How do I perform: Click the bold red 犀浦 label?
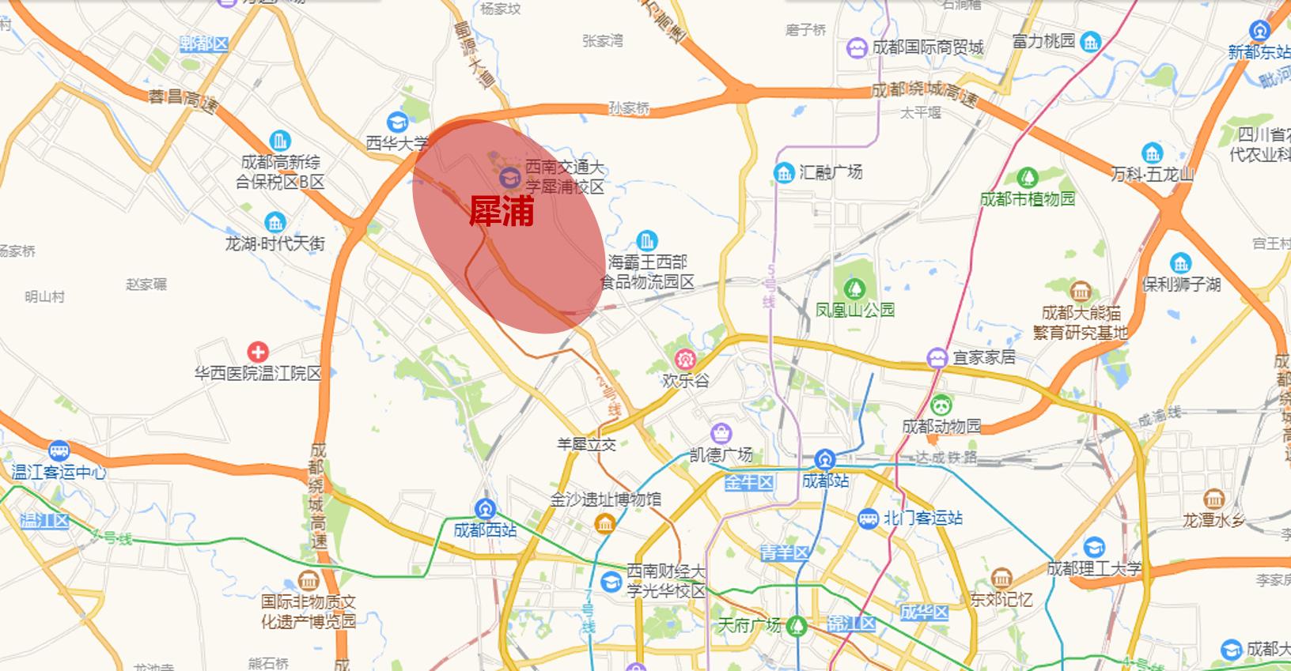(x=502, y=211)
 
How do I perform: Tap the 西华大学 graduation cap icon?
(x=397, y=123)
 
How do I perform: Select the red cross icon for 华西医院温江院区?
(x=257, y=352)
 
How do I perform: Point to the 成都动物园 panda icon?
(x=941, y=405)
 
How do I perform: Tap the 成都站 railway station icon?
(x=825, y=459)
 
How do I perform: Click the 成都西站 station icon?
(x=485, y=509)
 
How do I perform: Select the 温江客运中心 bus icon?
(x=59, y=451)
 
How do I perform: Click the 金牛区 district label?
(x=748, y=482)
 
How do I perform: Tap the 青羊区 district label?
(x=784, y=552)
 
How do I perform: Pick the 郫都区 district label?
(x=203, y=43)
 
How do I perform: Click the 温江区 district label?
(x=44, y=521)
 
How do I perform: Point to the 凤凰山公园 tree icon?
(x=854, y=288)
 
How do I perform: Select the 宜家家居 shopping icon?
(x=937, y=357)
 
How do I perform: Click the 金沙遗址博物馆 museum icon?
(x=605, y=523)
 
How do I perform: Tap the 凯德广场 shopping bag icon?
(x=721, y=433)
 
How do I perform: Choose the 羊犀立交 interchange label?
(x=586, y=444)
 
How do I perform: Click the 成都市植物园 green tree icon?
(x=1028, y=178)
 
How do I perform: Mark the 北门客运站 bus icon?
(x=868, y=518)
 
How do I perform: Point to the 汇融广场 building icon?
(x=784, y=172)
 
